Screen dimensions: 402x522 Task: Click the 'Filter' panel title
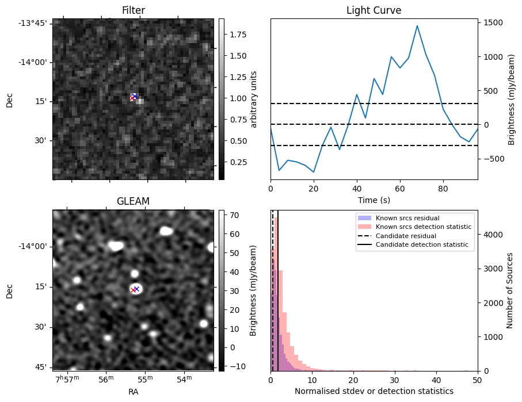[x=133, y=10]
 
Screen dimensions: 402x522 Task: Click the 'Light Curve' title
[x=374, y=10]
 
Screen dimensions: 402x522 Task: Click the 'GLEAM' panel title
[x=133, y=201]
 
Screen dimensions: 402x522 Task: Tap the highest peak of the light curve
[x=417, y=26]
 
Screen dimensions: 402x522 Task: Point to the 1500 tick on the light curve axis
[x=493, y=23]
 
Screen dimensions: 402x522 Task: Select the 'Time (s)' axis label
[x=374, y=200]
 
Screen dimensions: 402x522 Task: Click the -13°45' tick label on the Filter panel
[x=36, y=23]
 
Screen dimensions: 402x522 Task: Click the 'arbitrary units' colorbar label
[x=253, y=99]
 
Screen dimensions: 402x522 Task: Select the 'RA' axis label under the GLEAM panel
[x=133, y=392]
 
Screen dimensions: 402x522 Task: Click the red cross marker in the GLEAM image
[x=133, y=290]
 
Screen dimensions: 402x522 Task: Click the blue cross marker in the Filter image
[x=135, y=96]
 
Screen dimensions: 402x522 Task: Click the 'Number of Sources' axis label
[x=510, y=290]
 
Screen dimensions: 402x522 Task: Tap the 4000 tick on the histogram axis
[x=493, y=235]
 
